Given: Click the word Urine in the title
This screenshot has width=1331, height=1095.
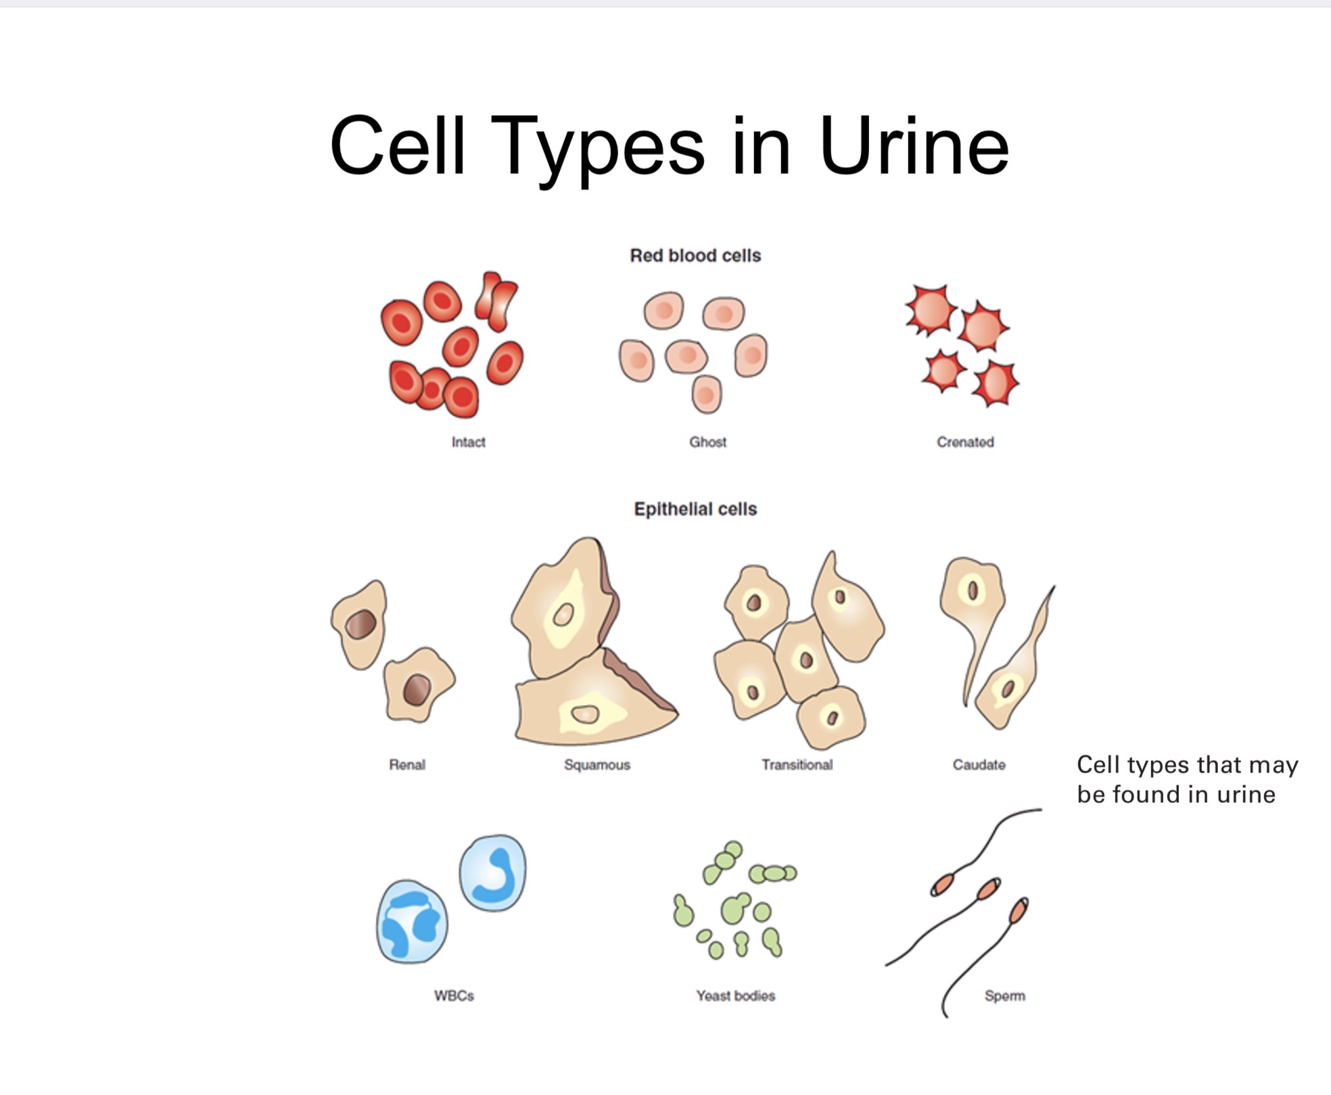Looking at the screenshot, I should [914, 147].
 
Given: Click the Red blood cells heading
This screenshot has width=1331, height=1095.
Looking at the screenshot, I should [695, 256].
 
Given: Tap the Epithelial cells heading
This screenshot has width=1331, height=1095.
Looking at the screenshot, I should [695, 509].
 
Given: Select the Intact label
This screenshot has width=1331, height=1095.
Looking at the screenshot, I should [468, 442].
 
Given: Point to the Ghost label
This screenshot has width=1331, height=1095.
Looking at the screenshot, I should [707, 442].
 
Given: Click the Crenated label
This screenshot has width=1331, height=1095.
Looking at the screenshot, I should [965, 442].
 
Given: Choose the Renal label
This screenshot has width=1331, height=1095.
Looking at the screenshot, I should [407, 764].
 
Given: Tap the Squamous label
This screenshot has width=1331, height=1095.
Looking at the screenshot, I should [597, 764].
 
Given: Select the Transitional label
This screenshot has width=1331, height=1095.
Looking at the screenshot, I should [797, 764].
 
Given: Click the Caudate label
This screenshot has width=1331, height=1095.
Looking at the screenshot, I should [979, 764].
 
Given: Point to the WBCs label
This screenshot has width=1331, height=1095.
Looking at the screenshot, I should [454, 996].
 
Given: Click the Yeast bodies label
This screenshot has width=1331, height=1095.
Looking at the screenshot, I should [735, 996].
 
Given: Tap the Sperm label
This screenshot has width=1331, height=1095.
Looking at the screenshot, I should [1004, 996].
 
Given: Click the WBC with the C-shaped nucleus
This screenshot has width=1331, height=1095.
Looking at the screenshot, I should [493, 873].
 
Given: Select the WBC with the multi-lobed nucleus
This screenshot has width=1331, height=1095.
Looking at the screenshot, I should [411, 922].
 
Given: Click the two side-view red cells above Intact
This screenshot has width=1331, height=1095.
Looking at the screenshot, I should [496, 301].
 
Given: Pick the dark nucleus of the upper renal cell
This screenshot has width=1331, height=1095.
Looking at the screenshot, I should [361, 624].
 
